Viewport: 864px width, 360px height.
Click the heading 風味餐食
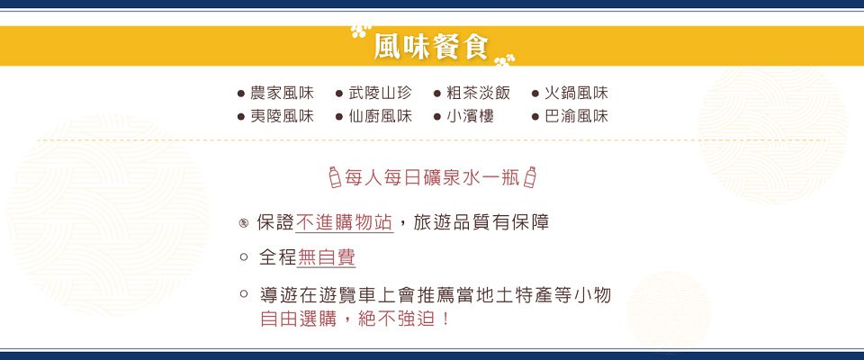431,46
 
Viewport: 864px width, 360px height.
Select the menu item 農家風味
282,94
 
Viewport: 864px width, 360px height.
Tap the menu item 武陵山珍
380,94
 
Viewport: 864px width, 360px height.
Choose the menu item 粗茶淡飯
478,94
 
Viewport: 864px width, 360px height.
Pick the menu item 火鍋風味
576,94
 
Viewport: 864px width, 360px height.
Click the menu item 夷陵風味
282,117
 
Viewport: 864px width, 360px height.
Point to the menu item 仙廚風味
380,117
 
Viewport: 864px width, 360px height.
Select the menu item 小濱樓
470,117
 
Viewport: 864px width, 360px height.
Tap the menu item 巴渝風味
576,117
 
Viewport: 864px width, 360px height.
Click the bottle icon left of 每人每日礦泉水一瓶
335,177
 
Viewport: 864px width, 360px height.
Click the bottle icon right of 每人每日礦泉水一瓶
529,177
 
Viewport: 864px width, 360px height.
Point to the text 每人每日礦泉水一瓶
432,177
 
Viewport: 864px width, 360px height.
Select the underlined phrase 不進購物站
345,222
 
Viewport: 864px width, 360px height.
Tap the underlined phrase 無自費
326,257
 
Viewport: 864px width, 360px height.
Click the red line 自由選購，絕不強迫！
355,319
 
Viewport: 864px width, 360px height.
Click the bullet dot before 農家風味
241,94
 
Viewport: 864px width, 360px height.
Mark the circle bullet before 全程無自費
244,257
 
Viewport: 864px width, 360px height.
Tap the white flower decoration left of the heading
361,31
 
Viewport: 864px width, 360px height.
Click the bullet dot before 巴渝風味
535,117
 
